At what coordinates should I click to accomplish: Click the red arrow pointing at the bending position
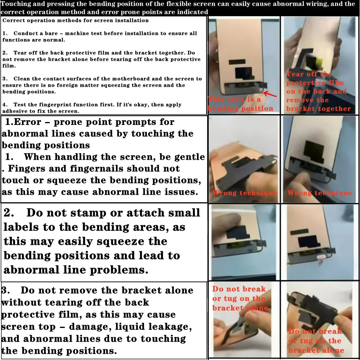click(270, 94)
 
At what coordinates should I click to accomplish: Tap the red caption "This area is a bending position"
click(240, 104)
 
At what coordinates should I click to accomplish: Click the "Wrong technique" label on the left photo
click(244, 193)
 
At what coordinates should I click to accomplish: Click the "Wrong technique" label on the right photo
click(319, 193)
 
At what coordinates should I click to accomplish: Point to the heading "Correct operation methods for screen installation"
click(76, 21)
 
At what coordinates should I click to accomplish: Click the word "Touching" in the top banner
click(14, 4)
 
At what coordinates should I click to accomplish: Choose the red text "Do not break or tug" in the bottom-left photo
click(239, 294)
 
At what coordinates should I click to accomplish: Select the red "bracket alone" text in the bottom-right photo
click(316, 350)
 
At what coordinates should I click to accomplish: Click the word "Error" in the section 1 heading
click(28, 122)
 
